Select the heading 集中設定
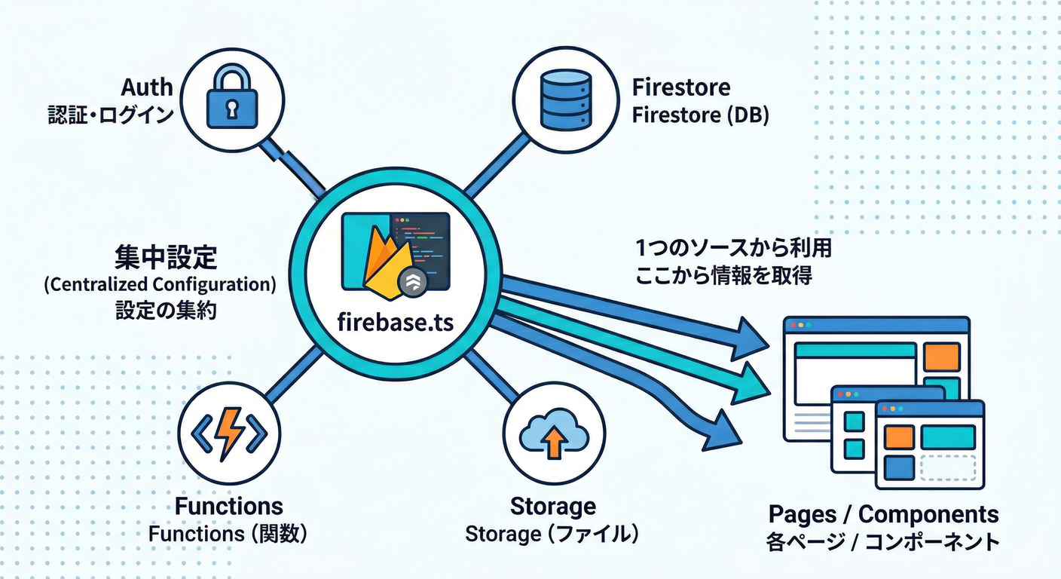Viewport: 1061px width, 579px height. pos(166,258)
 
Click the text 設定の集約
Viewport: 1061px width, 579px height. pos(166,311)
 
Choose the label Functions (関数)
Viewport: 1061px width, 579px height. pos(228,534)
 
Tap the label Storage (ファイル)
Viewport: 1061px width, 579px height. pos(552,534)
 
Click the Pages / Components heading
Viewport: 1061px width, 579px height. pos(883,515)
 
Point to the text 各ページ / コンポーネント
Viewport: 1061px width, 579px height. pos(883,541)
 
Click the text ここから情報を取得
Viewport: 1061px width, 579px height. pos(723,276)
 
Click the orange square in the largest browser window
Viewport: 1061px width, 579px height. pos(942,357)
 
